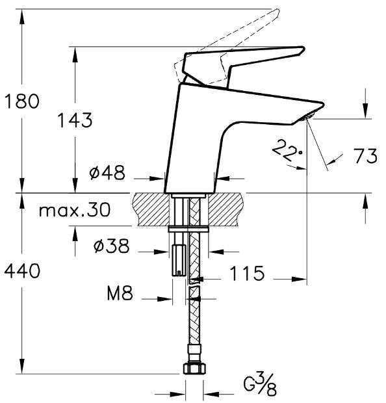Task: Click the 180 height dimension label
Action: [x=22, y=101]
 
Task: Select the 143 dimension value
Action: [x=75, y=120]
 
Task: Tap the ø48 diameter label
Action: [x=107, y=172]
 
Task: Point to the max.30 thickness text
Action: [x=75, y=210]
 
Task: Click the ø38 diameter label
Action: [x=112, y=246]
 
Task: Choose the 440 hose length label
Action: [x=22, y=270]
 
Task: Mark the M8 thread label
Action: [x=120, y=293]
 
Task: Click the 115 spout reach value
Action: [x=247, y=273]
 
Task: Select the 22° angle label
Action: [x=287, y=150]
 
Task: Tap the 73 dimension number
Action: [x=365, y=156]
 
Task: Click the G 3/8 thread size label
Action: [x=260, y=385]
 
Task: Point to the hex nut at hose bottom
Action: [x=194, y=368]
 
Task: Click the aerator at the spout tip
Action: [x=308, y=116]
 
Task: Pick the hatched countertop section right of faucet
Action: [x=225, y=209]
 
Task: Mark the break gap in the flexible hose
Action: [x=194, y=285]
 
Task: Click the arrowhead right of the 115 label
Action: [x=299, y=279]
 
